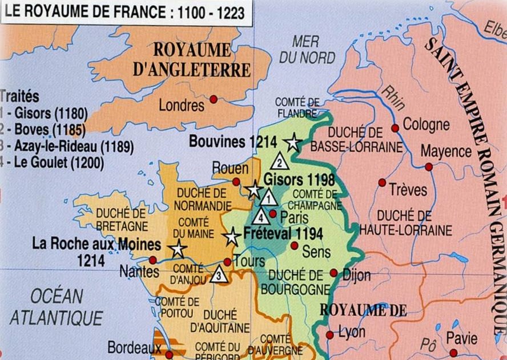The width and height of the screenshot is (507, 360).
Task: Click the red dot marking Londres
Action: [x=214, y=99]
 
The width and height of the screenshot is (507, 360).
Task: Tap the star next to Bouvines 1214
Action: [x=293, y=142]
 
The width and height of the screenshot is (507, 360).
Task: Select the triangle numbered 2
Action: [x=279, y=160]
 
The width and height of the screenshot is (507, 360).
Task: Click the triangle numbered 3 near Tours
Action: [x=218, y=275]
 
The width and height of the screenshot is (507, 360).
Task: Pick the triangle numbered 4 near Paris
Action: [x=261, y=217]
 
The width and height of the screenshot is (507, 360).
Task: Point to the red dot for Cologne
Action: [x=395, y=128]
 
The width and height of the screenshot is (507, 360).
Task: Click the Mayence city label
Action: [x=446, y=151]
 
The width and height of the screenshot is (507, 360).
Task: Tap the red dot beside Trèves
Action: [x=382, y=182]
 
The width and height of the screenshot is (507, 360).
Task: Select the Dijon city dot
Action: [x=333, y=273]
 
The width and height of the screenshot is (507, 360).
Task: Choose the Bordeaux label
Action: [x=134, y=347]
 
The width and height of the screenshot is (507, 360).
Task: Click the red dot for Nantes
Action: [x=152, y=260]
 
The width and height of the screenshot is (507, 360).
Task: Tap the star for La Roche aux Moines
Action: [x=178, y=249]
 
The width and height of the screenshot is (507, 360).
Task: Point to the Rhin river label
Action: [x=393, y=97]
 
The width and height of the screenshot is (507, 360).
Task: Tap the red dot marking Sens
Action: [x=294, y=245]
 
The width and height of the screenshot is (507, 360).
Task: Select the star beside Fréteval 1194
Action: [x=231, y=237]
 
